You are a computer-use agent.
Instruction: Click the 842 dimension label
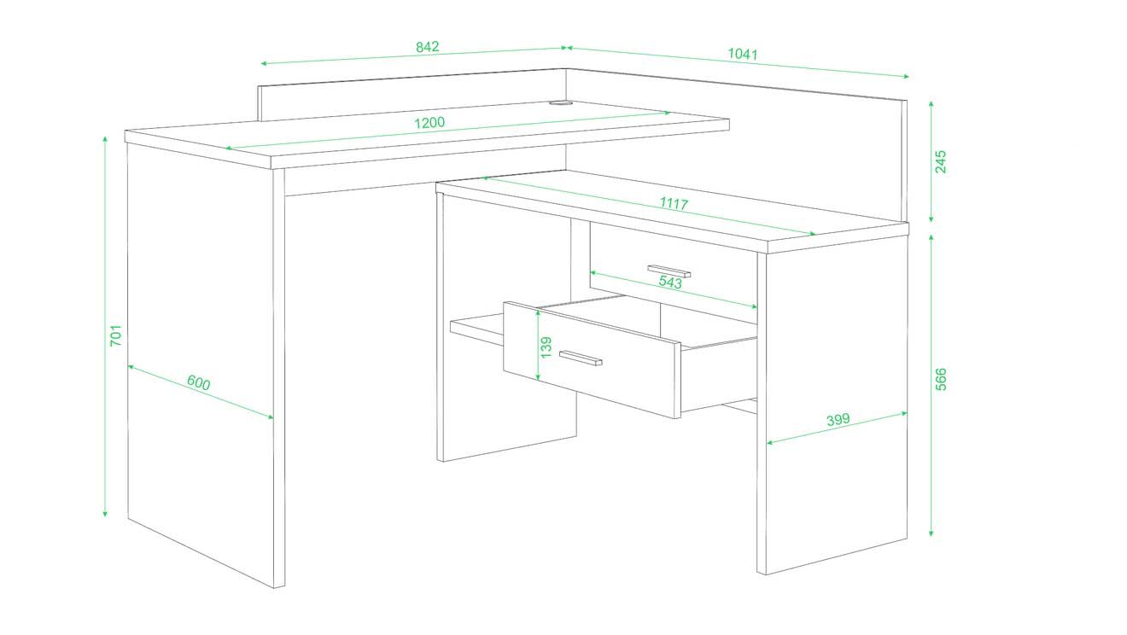point(428,47)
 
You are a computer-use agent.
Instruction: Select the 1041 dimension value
point(743,54)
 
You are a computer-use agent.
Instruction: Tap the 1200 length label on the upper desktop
point(429,123)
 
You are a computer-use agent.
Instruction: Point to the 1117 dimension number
point(674,204)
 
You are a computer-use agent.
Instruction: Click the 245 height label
point(940,161)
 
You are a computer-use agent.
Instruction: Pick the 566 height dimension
point(940,379)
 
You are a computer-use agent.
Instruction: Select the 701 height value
point(116,335)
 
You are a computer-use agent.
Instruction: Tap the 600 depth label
point(199,383)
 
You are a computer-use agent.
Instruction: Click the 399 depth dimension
point(838,419)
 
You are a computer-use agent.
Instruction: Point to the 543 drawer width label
point(670,282)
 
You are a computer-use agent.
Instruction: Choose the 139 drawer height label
point(546,347)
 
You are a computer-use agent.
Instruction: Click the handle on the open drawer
point(581,358)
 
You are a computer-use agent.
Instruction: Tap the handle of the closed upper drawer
point(669,271)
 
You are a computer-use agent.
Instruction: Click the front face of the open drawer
point(592,360)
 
